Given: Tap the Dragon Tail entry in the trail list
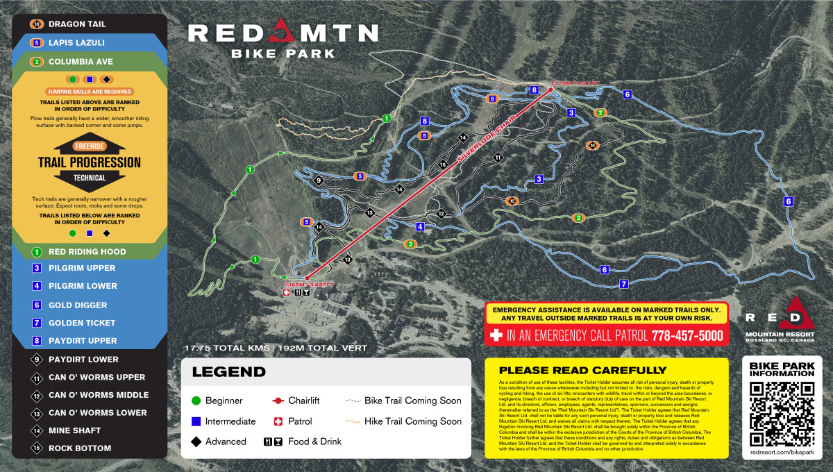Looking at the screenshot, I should coord(76,24).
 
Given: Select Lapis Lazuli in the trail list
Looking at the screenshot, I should coord(76,42).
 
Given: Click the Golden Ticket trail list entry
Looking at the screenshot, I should coord(82,323).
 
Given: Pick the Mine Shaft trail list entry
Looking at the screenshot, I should coord(74,430).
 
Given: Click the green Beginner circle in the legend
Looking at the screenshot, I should coord(196,401).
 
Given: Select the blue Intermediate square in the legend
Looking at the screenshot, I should coord(196,421).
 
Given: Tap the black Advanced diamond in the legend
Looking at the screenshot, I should coord(196,441).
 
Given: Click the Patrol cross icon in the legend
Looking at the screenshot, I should coord(278,421).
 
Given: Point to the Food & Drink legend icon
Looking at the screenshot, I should coord(272,441).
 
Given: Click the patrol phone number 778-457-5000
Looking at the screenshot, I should coord(687,336).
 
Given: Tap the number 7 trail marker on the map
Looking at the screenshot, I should coord(624,284).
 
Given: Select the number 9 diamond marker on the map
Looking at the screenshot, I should coord(319,180).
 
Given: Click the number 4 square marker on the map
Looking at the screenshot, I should coord(420,227).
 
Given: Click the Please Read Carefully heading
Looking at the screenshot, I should coord(582,370).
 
